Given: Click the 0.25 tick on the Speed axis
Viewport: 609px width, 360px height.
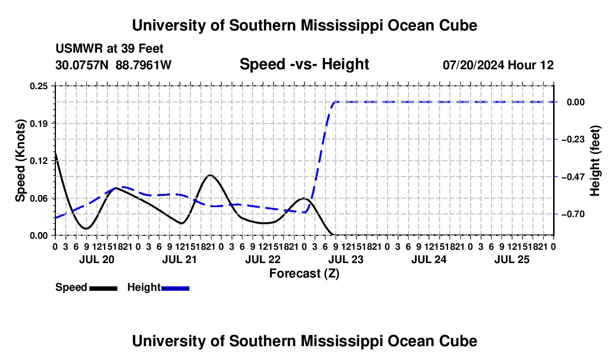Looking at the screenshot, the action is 39,86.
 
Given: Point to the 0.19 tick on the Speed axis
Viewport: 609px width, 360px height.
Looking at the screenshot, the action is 39,124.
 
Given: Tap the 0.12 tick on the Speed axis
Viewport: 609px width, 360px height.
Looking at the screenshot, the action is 39,161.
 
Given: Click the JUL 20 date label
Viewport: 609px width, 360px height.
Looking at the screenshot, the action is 97,259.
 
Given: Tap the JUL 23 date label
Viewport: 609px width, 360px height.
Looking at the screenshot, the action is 346,259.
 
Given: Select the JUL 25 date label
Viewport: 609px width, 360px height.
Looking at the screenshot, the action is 512,259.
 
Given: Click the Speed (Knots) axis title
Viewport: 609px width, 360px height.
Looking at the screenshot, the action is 20,161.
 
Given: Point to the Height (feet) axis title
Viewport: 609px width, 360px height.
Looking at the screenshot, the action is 595,161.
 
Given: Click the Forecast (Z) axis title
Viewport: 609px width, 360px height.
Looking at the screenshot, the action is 304,274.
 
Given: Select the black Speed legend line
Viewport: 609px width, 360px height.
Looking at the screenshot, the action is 104,288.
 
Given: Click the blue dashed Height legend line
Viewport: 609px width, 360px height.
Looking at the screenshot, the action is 175,288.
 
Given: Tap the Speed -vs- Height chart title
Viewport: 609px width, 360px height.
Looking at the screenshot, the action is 304,64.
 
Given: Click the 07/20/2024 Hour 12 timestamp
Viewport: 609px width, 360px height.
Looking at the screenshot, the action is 498,65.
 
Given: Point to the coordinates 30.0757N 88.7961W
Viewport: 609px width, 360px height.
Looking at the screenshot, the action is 113,65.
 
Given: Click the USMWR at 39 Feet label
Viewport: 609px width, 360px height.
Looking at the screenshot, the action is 110,49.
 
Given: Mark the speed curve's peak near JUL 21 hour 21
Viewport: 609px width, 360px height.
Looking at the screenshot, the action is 210,175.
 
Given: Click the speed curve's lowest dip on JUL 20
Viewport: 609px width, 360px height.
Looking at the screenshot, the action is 86,228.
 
